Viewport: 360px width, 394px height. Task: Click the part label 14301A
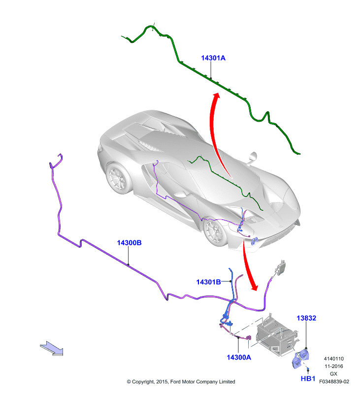pyautogui.click(x=213, y=58)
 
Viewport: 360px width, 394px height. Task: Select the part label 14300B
pyautogui.click(x=129, y=243)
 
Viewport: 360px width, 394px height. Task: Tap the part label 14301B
pyautogui.click(x=208, y=282)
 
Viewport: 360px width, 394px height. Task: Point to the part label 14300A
pyautogui.click(x=239, y=357)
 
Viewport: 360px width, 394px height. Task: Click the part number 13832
pyautogui.click(x=306, y=318)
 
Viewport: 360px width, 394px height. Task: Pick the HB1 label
pyautogui.click(x=308, y=378)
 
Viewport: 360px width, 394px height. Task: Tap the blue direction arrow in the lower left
pyautogui.click(x=52, y=348)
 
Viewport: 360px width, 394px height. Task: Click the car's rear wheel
pyautogui.click(x=118, y=178)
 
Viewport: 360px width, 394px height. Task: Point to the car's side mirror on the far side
pyautogui.click(x=253, y=157)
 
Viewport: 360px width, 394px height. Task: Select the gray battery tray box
pyautogui.click(x=276, y=335)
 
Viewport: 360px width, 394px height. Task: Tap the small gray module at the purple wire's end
pyautogui.click(x=281, y=267)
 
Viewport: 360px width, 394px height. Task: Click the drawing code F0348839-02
pyautogui.click(x=334, y=381)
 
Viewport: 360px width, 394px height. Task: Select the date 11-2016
pyautogui.click(x=333, y=366)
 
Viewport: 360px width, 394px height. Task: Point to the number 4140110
pyautogui.click(x=333, y=359)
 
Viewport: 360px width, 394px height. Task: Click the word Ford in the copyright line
pyautogui.click(x=176, y=382)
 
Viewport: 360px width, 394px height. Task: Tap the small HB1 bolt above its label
pyautogui.click(x=308, y=369)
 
